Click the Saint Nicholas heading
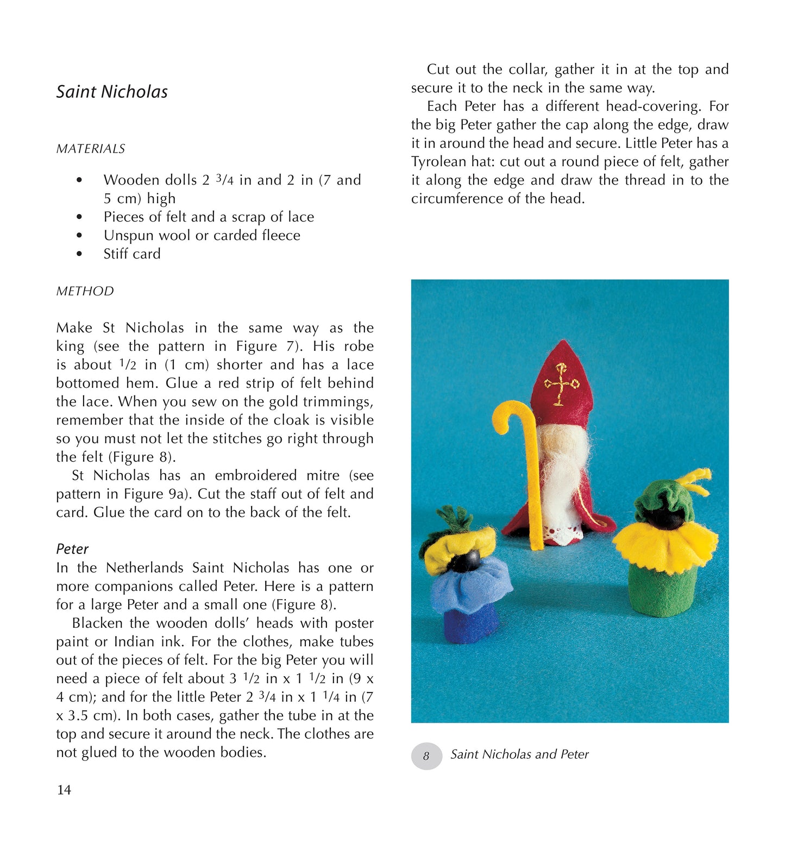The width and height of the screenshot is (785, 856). [x=112, y=92]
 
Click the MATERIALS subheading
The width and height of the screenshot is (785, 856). [x=91, y=149]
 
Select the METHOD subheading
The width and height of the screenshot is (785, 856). [x=85, y=291]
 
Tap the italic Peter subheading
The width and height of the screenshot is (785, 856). [x=72, y=549]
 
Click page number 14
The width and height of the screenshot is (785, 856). [x=64, y=790]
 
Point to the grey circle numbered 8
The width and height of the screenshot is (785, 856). [x=426, y=756]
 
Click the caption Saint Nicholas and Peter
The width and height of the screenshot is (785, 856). [x=519, y=754]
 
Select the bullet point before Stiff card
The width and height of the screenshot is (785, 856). [x=80, y=254]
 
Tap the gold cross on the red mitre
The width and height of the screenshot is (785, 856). [x=561, y=383]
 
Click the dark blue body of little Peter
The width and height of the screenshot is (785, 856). [x=470, y=625]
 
